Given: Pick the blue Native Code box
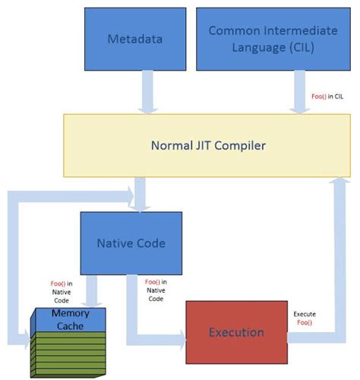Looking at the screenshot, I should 131,243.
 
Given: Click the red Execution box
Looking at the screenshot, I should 237,331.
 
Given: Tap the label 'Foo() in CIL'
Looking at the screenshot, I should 327,97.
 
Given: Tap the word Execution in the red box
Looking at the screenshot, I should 237,332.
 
